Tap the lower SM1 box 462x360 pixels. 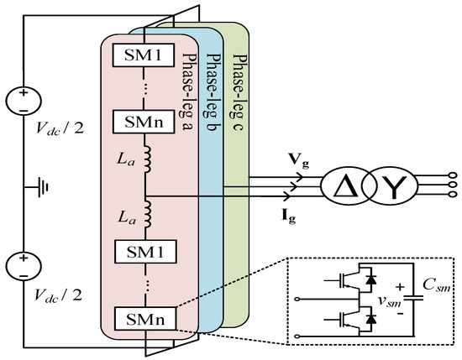coord(144,251)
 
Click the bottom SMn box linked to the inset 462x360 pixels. coord(144,320)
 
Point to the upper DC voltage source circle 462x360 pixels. coord(24,102)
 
